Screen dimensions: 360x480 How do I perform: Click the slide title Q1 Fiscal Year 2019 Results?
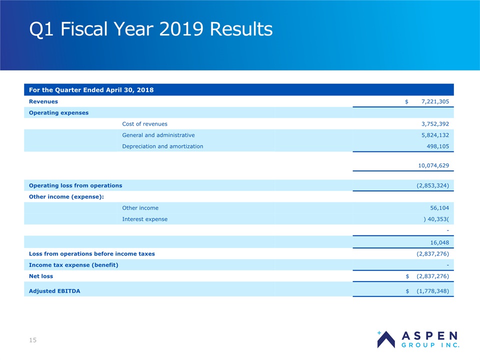pyautogui.click(x=151, y=29)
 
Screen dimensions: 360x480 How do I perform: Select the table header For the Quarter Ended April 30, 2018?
pyautogui.click(x=91, y=90)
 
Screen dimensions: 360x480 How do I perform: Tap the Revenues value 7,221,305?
pyautogui.click(x=435, y=101)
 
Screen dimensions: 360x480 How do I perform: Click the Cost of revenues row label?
pyautogui.click(x=144, y=124)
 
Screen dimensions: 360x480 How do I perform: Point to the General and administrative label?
pyautogui.click(x=158, y=135)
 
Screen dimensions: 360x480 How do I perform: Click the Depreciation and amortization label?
pyautogui.click(x=162, y=146)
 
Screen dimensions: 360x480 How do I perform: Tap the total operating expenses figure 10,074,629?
pyautogui.click(x=433, y=165)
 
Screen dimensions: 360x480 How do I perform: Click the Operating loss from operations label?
pyautogui.click(x=75, y=185)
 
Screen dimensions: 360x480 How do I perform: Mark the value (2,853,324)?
pyautogui.click(x=432, y=185)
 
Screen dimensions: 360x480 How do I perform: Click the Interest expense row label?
pyautogui.click(x=144, y=219)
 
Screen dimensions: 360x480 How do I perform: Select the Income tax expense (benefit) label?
pyautogui.click(x=73, y=265)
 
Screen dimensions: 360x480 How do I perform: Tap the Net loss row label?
pyautogui.click(x=41, y=276)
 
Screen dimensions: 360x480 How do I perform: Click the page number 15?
pyautogui.click(x=33, y=340)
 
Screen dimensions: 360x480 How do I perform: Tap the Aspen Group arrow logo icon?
pyautogui.click(x=385, y=340)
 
